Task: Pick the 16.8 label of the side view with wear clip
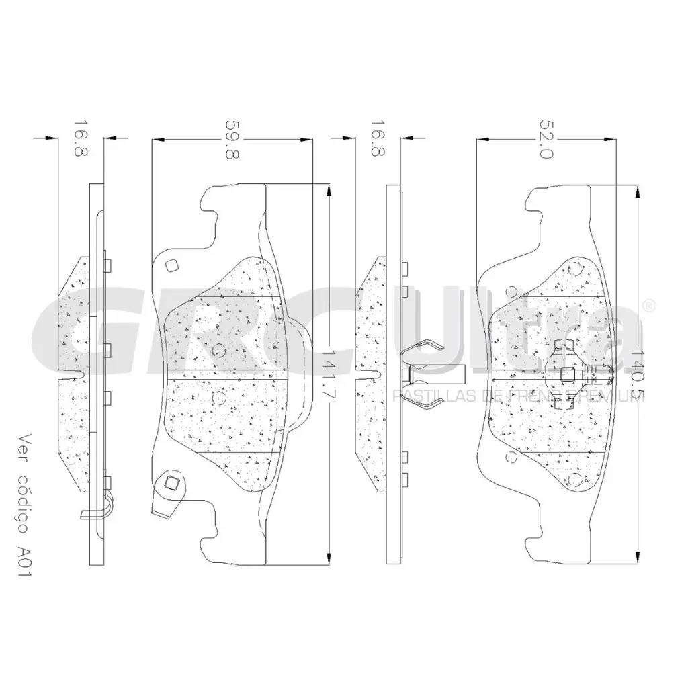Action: (x=80, y=138)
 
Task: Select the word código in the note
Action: (x=27, y=498)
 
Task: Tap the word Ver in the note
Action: (x=27, y=447)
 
